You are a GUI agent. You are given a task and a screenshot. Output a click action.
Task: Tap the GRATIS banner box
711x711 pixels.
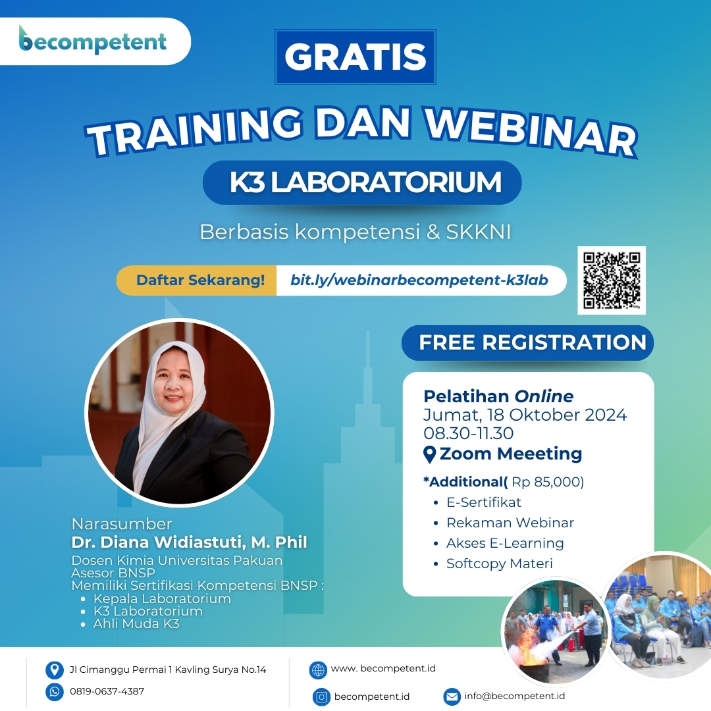(355, 57)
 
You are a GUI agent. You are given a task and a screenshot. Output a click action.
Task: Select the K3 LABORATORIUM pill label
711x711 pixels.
(362, 182)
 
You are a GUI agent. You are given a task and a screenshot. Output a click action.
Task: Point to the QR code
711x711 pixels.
(611, 280)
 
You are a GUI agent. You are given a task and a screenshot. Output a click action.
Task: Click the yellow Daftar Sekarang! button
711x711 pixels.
(197, 280)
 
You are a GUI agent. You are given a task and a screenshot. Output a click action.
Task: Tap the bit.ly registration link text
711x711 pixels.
(419, 280)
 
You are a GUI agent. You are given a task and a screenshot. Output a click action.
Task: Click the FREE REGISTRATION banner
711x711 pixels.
(527, 342)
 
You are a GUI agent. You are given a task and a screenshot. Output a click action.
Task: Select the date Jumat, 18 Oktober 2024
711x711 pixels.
(525, 415)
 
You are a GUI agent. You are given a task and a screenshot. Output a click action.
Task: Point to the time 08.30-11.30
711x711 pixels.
(469, 433)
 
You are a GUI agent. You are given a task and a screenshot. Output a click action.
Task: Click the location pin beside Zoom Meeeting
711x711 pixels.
(429, 454)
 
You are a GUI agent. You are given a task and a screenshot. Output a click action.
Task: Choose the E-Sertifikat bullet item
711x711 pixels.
(483, 502)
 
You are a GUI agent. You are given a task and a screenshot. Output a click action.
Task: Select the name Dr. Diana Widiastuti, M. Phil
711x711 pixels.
(189, 542)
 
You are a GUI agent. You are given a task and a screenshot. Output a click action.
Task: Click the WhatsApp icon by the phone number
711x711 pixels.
(55, 691)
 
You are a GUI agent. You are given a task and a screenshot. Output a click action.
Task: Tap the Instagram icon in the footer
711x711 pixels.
(321, 697)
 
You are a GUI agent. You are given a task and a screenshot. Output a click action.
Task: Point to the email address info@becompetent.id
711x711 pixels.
(515, 696)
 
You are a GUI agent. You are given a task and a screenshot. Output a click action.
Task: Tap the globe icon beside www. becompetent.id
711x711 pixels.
(318, 670)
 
